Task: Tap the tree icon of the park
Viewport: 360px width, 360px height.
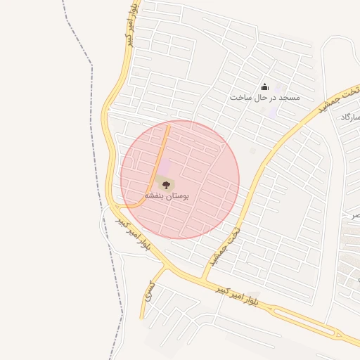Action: [167, 185]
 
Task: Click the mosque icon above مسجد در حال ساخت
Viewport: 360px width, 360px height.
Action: [265, 86]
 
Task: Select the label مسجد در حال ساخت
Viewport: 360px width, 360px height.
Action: [264, 97]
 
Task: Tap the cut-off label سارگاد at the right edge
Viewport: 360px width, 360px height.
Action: [349, 117]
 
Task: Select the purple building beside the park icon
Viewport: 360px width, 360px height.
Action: [164, 168]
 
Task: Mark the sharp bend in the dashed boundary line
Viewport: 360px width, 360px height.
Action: [91, 64]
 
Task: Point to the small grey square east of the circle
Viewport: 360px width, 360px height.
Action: [253, 150]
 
